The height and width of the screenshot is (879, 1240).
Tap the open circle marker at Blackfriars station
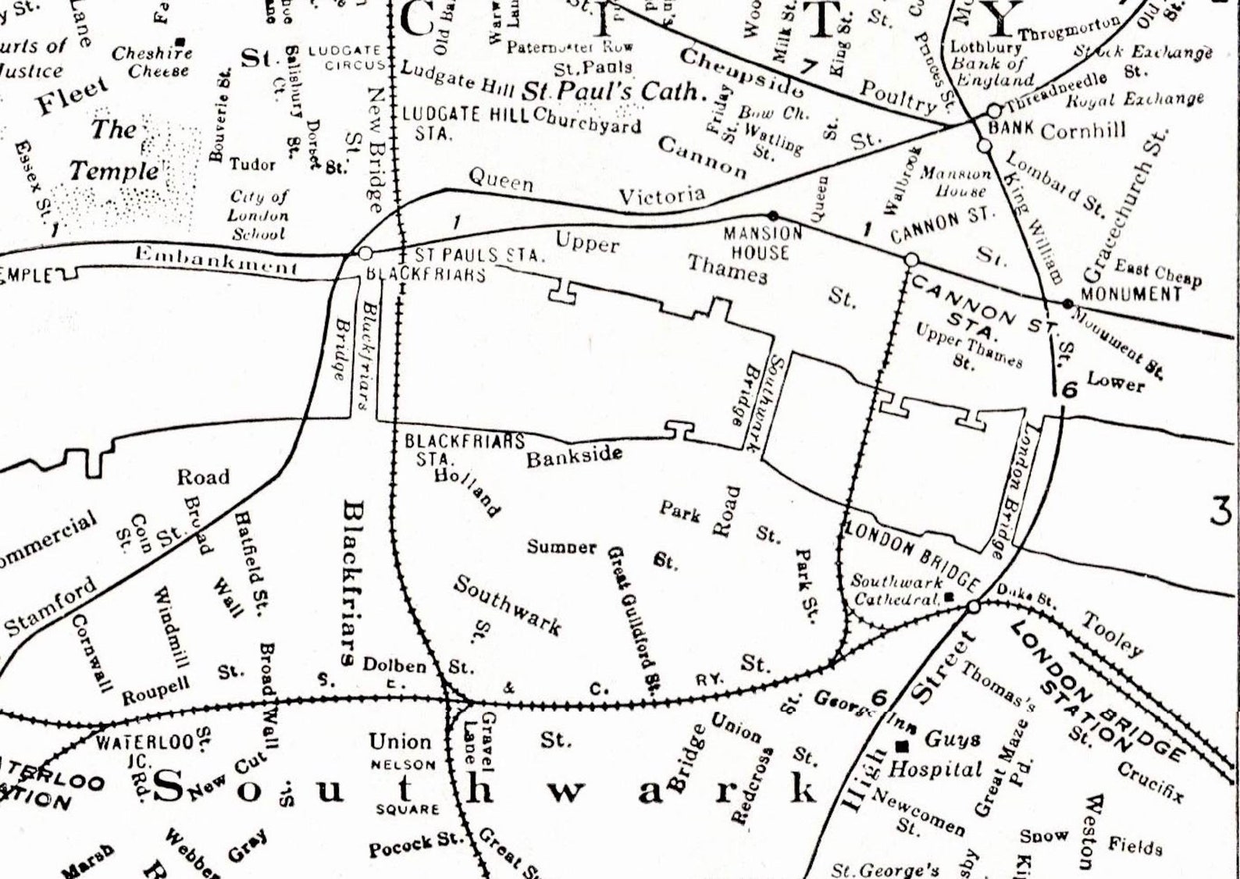click(365, 254)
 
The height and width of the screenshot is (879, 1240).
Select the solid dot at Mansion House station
click(773, 215)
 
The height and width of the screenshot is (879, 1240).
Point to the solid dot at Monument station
click(1067, 303)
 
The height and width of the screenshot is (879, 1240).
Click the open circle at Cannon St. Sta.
click(910, 259)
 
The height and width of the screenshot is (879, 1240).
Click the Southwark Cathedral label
click(896, 591)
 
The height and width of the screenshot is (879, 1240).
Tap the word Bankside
click(574, 456)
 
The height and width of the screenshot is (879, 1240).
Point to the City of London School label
click(258, 215)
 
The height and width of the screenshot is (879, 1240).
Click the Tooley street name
click(1112, 633)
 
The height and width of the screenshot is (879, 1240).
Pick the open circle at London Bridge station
click(973, 607)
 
